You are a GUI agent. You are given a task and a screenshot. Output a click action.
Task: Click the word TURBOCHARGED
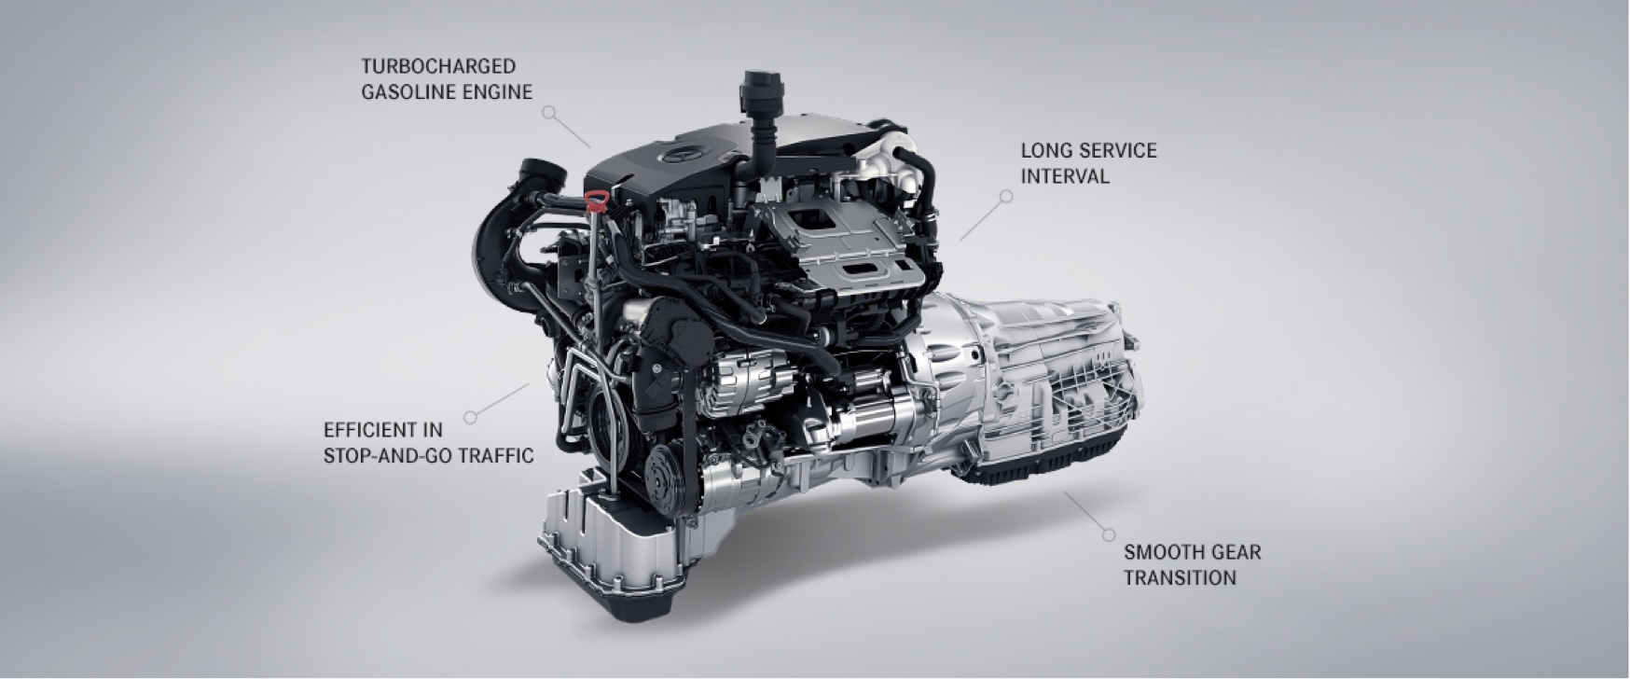point(438,66)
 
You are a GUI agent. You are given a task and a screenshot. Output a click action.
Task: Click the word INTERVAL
point(1065,176)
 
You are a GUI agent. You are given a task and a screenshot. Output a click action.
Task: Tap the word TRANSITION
point(1180,578)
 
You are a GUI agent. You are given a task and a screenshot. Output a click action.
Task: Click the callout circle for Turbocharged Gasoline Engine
point(549,112)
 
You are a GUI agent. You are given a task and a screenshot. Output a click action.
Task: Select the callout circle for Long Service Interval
point(1005,196)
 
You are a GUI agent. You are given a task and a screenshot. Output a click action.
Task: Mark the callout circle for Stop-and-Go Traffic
point(470,417)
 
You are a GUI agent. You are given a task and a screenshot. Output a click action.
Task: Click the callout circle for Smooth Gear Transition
point(1108,534)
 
